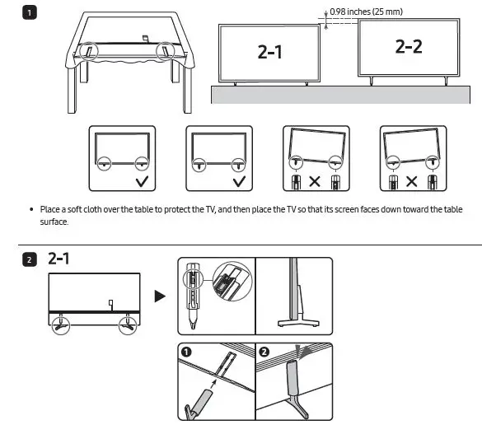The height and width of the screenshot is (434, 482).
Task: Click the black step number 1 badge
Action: [x=30, y=13]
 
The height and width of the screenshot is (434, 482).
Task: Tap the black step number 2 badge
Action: [x=30, y=260]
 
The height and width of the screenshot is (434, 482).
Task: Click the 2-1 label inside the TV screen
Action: [x=269, y=52]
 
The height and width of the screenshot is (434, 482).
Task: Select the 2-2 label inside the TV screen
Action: [x=409, y=47]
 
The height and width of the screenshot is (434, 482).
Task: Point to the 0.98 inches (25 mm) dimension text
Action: [x=366, y=12]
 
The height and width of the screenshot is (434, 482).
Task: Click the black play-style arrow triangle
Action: [x=160, y=296]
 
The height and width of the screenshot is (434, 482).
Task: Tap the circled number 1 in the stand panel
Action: [x=186, y=352]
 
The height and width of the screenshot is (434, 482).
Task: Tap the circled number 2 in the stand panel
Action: [x=264, y=352]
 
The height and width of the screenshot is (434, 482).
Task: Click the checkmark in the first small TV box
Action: [x=142, y=181]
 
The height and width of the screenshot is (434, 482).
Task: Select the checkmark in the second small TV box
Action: [x=239, y=181]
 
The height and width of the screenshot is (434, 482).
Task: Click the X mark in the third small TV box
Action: [x=315, y=181]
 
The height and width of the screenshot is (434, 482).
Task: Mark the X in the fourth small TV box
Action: [x=412, y=181]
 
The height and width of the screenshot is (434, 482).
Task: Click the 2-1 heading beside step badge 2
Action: [x=58, y=259]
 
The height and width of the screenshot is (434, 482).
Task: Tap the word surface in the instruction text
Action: [x=54, y=222]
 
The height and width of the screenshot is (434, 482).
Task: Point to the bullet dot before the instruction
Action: [x=31, y=209]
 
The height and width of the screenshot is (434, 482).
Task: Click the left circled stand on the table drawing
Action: [x=88, y=51]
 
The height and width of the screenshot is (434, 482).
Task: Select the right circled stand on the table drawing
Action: [x=166, y=51]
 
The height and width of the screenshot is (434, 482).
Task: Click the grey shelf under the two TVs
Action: [x=340, y=95]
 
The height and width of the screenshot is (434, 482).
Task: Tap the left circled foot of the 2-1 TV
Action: [x=60, y=325]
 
